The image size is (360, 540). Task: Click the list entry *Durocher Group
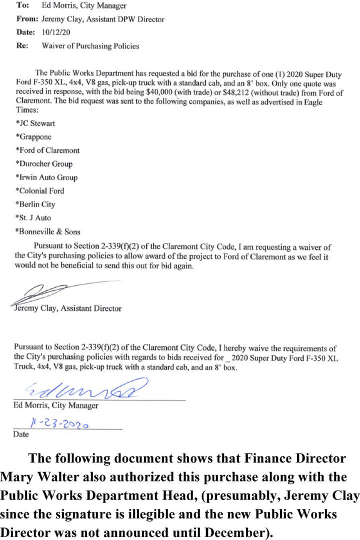(x=43, y=164)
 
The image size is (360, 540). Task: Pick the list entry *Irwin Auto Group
(x=46, y=178)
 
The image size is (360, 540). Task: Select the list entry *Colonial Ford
(x=39, y=191)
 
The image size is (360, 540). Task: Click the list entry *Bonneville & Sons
(x=47, y=232)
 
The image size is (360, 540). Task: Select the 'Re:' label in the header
(x=21, y=46)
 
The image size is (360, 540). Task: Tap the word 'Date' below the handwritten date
(x=21, y=434)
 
